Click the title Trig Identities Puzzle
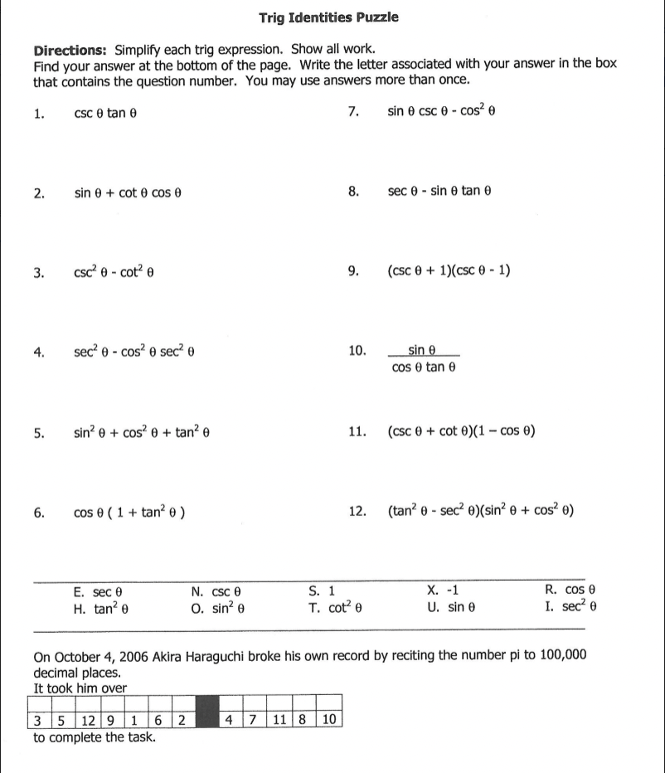click(x=328, y=17)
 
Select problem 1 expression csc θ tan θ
click(x=104, y=114)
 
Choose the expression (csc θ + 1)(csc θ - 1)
click(x=449, y=270)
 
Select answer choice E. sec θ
click(x=98, y=591)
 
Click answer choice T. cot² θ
click(x=335, y=607)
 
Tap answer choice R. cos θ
click(x=570, y=591)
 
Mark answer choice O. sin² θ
click(x=217, y=607)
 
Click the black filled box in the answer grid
click(x=207, y=718)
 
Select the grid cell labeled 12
click(x=91, y=718)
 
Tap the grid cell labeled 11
click(x=279, y=718)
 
